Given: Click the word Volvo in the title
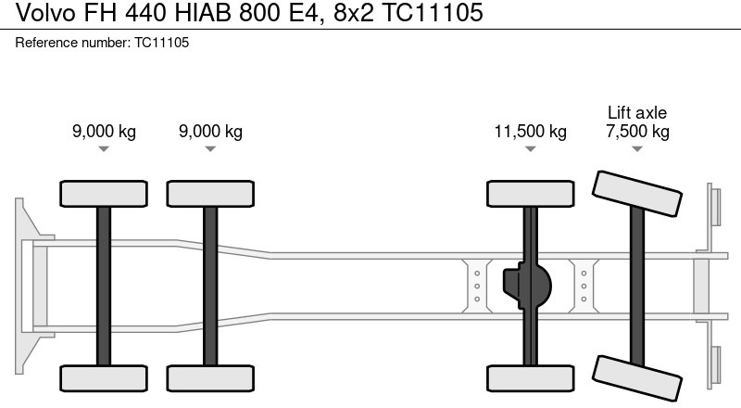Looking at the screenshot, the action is [45, 12].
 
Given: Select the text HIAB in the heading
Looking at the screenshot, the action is [203, 12].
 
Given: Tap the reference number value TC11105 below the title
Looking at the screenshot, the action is [161, 43].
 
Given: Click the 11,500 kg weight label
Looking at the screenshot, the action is [530, 132].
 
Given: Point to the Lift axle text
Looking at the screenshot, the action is [637, 112].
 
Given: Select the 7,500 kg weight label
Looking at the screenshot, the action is [637, 132].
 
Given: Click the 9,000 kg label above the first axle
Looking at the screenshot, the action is [104, 132].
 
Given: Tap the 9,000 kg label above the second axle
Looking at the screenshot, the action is [210, 132].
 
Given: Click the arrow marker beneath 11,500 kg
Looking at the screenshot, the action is [530, 148].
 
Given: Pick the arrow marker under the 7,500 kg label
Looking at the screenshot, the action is [637, 148].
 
